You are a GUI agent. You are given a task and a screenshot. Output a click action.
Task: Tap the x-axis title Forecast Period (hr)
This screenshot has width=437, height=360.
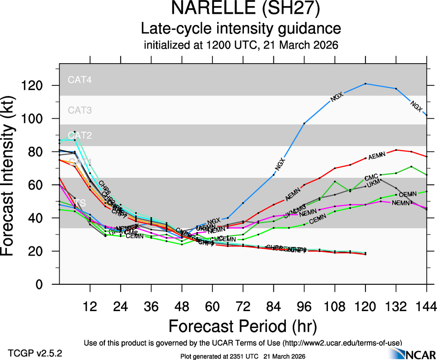(x=242, y=326)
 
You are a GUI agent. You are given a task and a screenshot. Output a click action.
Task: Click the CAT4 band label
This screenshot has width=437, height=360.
(x=79, y=80)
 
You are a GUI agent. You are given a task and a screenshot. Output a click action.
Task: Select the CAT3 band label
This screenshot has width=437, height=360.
(x=79, y=110)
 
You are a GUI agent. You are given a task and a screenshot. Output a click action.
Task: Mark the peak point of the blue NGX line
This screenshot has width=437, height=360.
(x=365, y=84)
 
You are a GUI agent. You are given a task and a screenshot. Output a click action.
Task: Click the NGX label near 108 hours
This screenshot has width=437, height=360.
(x=338, y=97)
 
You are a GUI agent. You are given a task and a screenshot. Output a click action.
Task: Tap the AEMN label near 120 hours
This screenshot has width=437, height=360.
(x=376, y=156)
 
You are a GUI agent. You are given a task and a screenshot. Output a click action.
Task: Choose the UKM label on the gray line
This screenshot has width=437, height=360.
(x=373, y=185)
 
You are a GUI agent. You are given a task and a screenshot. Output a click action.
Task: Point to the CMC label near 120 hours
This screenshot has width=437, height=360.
(x=371, y=177)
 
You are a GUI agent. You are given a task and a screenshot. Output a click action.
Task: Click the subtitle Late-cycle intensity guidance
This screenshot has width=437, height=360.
(x=241, y=29)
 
